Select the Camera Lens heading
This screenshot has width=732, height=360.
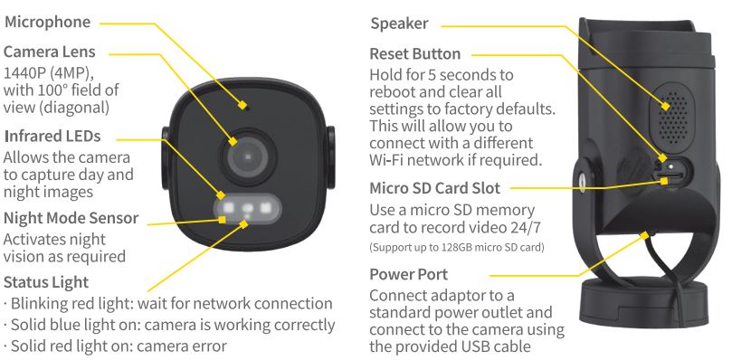click(x=50, y=52)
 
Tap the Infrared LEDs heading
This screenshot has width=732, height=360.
click(x=52, y=136)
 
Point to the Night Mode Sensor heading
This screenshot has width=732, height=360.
click(x=71, y=218)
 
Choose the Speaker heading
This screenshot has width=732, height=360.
click(x=399, y=24)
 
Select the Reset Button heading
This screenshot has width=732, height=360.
click(x=415, y=54)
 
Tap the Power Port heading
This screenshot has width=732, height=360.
click(x=409, y=274)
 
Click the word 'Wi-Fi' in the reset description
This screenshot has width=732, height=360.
click(x=389, y=160)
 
